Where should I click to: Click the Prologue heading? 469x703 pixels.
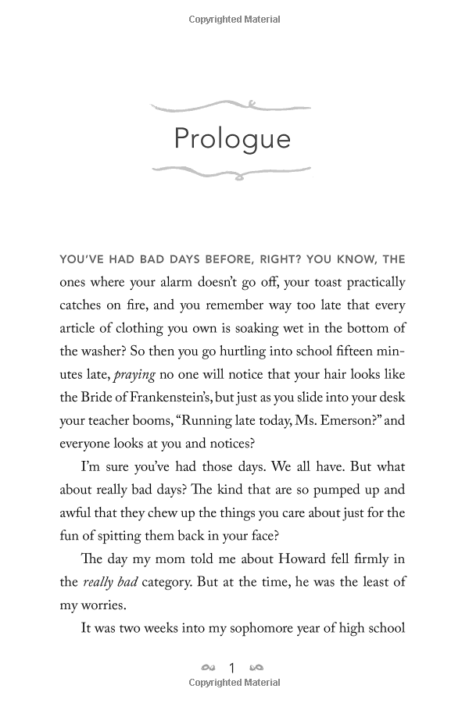[232, 139]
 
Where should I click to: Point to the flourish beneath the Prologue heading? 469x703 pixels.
[231, 171]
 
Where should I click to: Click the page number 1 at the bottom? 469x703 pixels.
[231, 668]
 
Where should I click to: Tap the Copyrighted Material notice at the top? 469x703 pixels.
[234, 20]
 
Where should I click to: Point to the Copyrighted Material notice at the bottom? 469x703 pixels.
[234, 683]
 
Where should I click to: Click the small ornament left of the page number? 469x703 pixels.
[208, 668]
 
